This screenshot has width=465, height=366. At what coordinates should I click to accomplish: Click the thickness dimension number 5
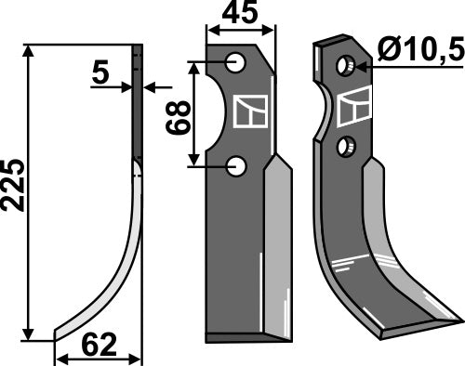point(100,74)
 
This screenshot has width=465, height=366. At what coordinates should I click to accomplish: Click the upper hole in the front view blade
point(237,63)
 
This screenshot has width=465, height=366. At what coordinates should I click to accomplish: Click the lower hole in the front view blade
point(237,166)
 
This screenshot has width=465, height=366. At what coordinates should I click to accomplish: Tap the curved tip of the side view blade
point(60,333)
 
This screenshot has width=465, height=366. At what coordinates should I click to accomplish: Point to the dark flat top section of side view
point(138,102)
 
